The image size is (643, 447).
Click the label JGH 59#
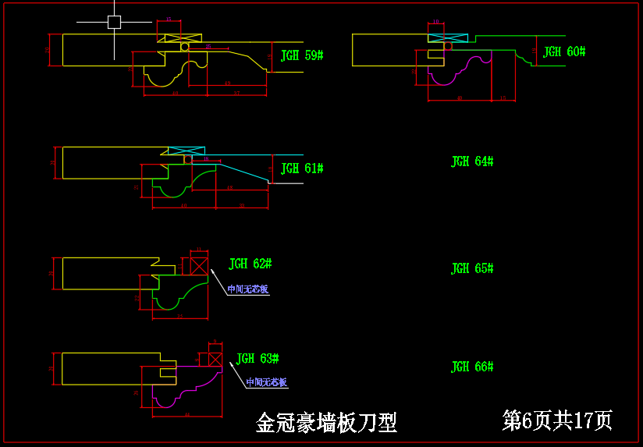coord(302,56)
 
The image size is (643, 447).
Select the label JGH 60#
coord(564,52)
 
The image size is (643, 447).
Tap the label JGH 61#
coord(302,169)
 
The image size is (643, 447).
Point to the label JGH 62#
coord(250,264)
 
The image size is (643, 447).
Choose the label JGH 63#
coord(258,359)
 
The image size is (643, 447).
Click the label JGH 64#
coord(472,161)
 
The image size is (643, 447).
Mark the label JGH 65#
coord(472,269)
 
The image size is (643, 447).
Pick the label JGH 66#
coord(472,367)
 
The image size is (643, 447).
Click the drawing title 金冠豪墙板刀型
coord(326,423)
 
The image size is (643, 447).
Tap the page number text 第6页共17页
coord(557,420)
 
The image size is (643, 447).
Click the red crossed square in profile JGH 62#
coord(199,265)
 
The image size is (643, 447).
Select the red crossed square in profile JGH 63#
coord(215,359)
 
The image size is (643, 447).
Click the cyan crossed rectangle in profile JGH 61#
coord(187,151)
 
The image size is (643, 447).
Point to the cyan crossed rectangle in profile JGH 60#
coord(447,37)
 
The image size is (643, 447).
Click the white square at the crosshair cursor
coord(114,22)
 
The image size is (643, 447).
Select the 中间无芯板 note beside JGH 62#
coord(247,289)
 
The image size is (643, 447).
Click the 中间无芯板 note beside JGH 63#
coord(266,383)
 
